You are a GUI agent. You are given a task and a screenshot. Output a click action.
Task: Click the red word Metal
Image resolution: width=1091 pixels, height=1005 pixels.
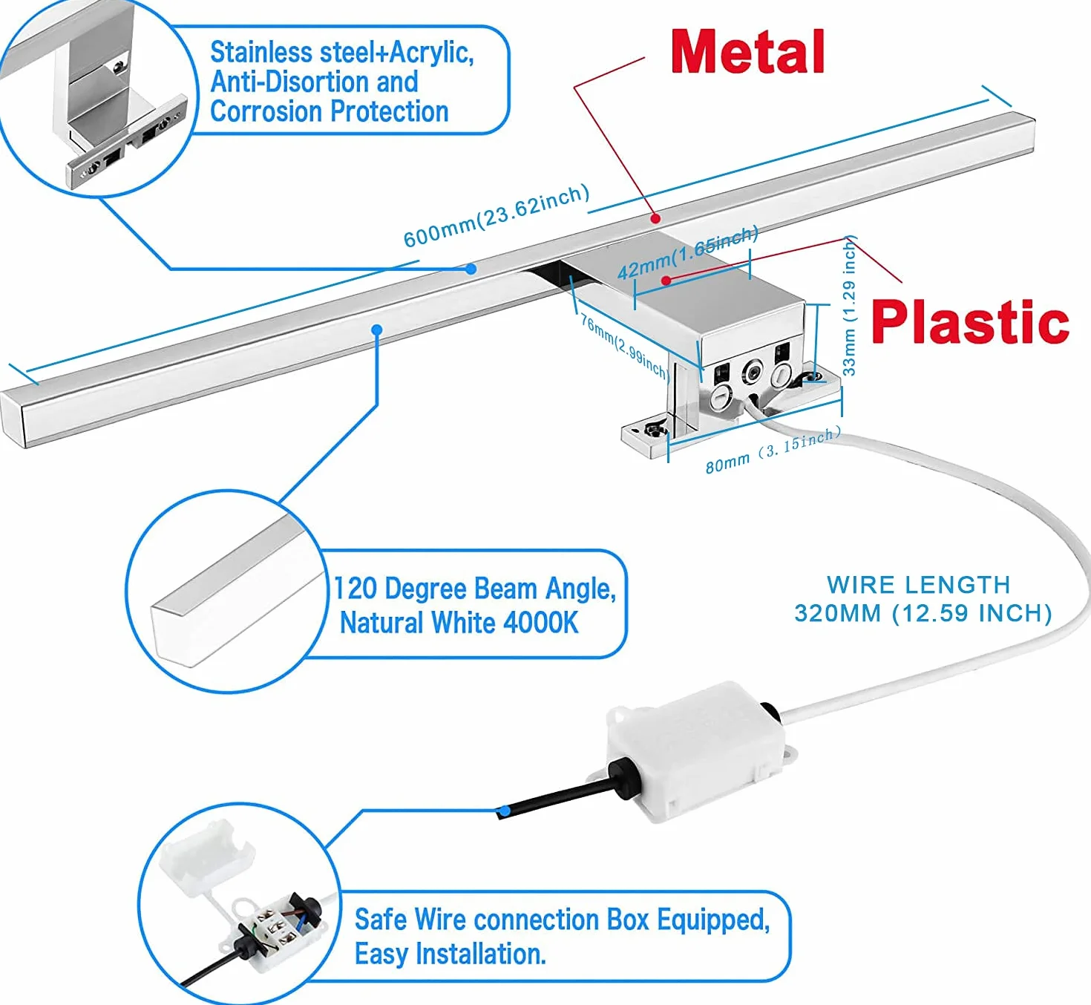pyautogui.click(x=748, y=52)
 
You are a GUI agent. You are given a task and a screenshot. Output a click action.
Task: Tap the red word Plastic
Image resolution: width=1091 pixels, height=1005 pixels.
pyautogui.click(x=970, y=322)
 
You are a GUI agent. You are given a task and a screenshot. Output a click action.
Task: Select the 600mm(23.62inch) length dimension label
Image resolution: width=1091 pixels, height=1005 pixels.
pyautogui.click(x=496, y=216)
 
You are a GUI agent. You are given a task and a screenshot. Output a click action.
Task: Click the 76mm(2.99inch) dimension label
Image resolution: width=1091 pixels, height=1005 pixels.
pyautogui.click(x=624, y=346)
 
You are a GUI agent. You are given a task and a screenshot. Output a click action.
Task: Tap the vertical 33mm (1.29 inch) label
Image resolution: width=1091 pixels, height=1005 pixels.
pyautogui.click(x=849, y=305)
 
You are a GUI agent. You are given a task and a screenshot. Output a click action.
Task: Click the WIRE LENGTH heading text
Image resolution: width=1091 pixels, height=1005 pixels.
pyautogui.click(x=919, y=585)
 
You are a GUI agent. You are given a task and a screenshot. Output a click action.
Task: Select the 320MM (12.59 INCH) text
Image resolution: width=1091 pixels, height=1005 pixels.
pyautogui.click(x=923, y=613)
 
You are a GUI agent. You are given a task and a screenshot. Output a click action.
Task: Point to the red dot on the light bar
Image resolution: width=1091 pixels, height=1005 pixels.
pyautogui.click(x=656, y=219)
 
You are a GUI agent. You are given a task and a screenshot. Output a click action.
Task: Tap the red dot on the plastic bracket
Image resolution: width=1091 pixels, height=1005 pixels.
pyautogui.click(x=666, y=281)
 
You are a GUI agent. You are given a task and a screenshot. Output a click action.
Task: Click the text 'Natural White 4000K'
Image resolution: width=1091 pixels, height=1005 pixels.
pyautogui.click(x=459, y=623)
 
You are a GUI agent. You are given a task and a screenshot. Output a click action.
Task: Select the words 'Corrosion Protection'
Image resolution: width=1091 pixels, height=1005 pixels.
pyautogui.click(x=329, y=111)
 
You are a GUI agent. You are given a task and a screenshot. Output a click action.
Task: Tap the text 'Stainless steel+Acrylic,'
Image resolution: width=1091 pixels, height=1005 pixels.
pyautogui.click(x=341, y=53)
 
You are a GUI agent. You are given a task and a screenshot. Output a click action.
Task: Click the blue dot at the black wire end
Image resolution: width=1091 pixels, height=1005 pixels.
pyautogui.click(x=505, y=811)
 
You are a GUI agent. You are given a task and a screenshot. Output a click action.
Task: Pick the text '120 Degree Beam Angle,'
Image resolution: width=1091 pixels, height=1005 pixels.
pyautogui.click(x=474, y=589)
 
